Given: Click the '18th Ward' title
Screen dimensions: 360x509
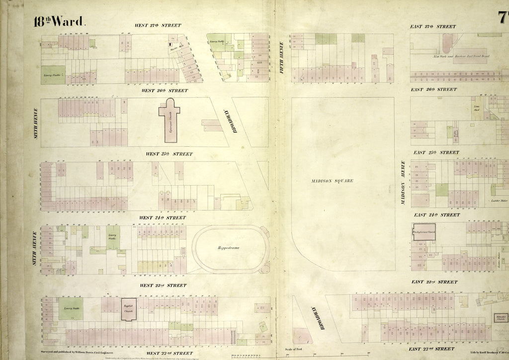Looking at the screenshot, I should (x=60, y=21).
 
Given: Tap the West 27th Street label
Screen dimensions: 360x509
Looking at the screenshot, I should (x=158, y=25).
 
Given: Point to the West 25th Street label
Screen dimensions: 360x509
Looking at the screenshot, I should (x=169, y=154).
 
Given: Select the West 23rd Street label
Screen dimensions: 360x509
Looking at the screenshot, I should (x=163, y=285).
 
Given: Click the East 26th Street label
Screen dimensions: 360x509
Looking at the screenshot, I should (x=433, y=90).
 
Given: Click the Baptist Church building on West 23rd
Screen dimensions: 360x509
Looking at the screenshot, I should (x=128, y=308).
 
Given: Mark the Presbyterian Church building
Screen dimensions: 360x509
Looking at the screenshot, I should (x=424, y=232).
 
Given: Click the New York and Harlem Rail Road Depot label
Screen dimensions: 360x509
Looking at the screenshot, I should (x=455, y=56).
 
